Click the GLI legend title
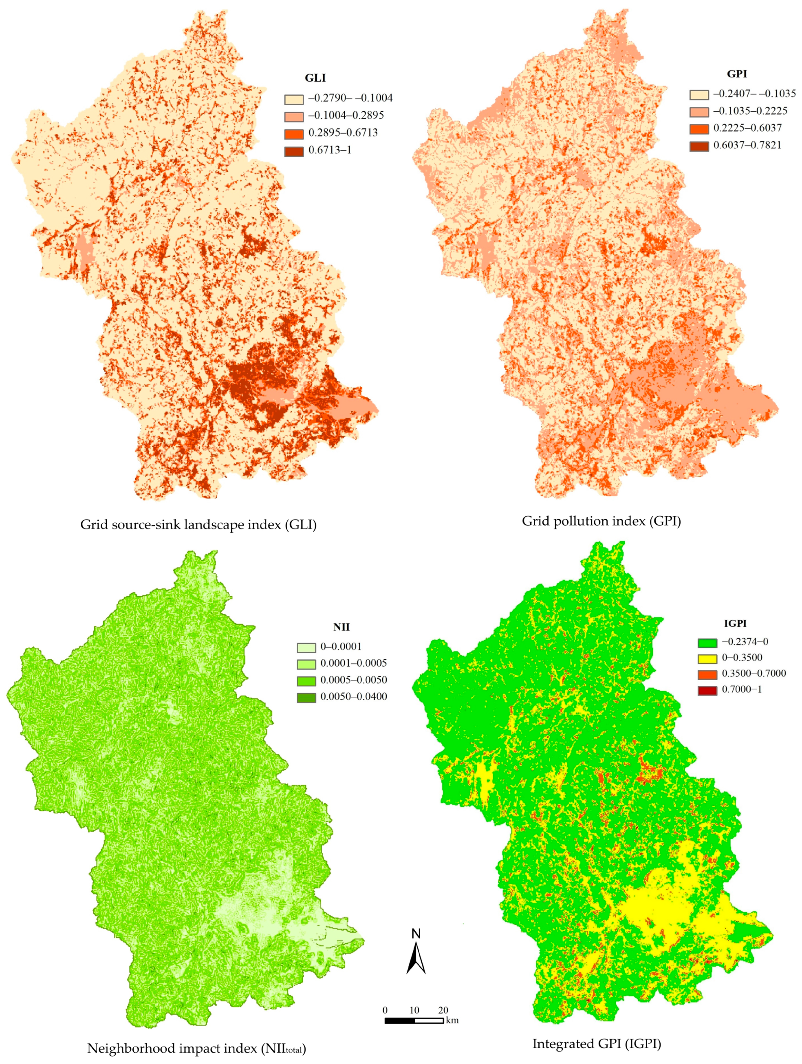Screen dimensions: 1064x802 coord(315,78)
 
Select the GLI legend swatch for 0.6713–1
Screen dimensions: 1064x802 coord(293,150)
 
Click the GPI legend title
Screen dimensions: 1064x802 coord(736,74)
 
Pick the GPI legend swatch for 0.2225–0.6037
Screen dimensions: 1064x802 coord(699,128)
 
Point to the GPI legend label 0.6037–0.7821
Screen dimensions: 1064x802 coord(747,145)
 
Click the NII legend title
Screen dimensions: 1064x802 coord(342,627)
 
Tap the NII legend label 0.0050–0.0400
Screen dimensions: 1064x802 coord(354,697)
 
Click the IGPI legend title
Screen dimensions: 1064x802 coord(735,623)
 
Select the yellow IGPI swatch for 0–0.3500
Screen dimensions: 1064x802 coord(707,659)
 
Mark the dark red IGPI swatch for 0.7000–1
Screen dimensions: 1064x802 coord(707,690)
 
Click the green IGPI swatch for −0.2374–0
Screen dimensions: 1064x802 coord(707,643)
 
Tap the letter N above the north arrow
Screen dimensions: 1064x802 coord(416,934)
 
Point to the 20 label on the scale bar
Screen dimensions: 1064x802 coord(443,1010)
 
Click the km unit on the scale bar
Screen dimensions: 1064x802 coord(452,1021)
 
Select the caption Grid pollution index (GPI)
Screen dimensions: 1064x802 coord(601,521)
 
